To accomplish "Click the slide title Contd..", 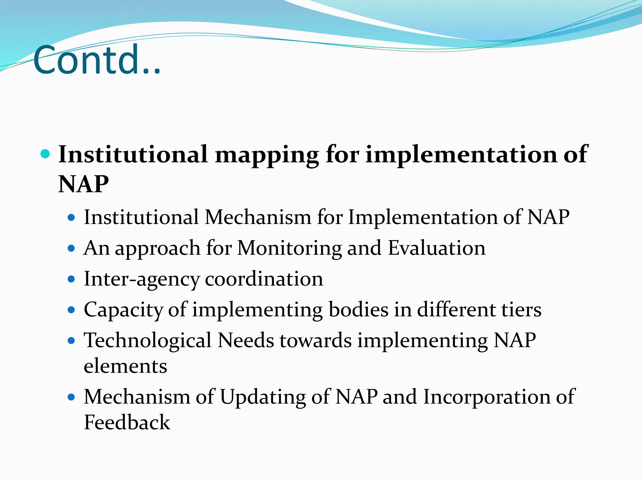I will click(97, 60).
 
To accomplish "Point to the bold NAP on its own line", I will click(84, 184).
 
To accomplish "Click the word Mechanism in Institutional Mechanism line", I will click(258, 217).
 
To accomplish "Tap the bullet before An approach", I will click(71, 249).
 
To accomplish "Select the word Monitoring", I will click(289, 248).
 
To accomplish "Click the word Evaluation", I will click(437, 248).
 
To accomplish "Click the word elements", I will click(125, 366).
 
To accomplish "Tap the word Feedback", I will click(127, 422).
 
